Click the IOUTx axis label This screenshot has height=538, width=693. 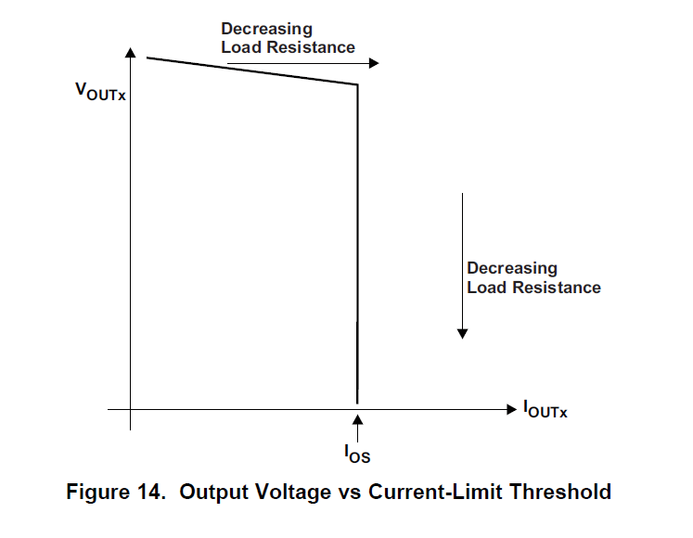[x=545, y=408]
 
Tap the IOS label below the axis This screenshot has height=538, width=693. [x=357, y=454]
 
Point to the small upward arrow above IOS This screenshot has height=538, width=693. [x=357, y=428]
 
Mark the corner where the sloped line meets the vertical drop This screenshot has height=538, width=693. [x=357, y=85]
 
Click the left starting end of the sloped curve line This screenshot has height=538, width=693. [x=148, y=58]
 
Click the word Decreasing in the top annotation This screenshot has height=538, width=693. [x=266, y=30]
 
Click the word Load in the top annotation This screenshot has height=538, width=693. [x=241, y=47]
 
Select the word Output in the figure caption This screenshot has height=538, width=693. [x=213, y=492]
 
